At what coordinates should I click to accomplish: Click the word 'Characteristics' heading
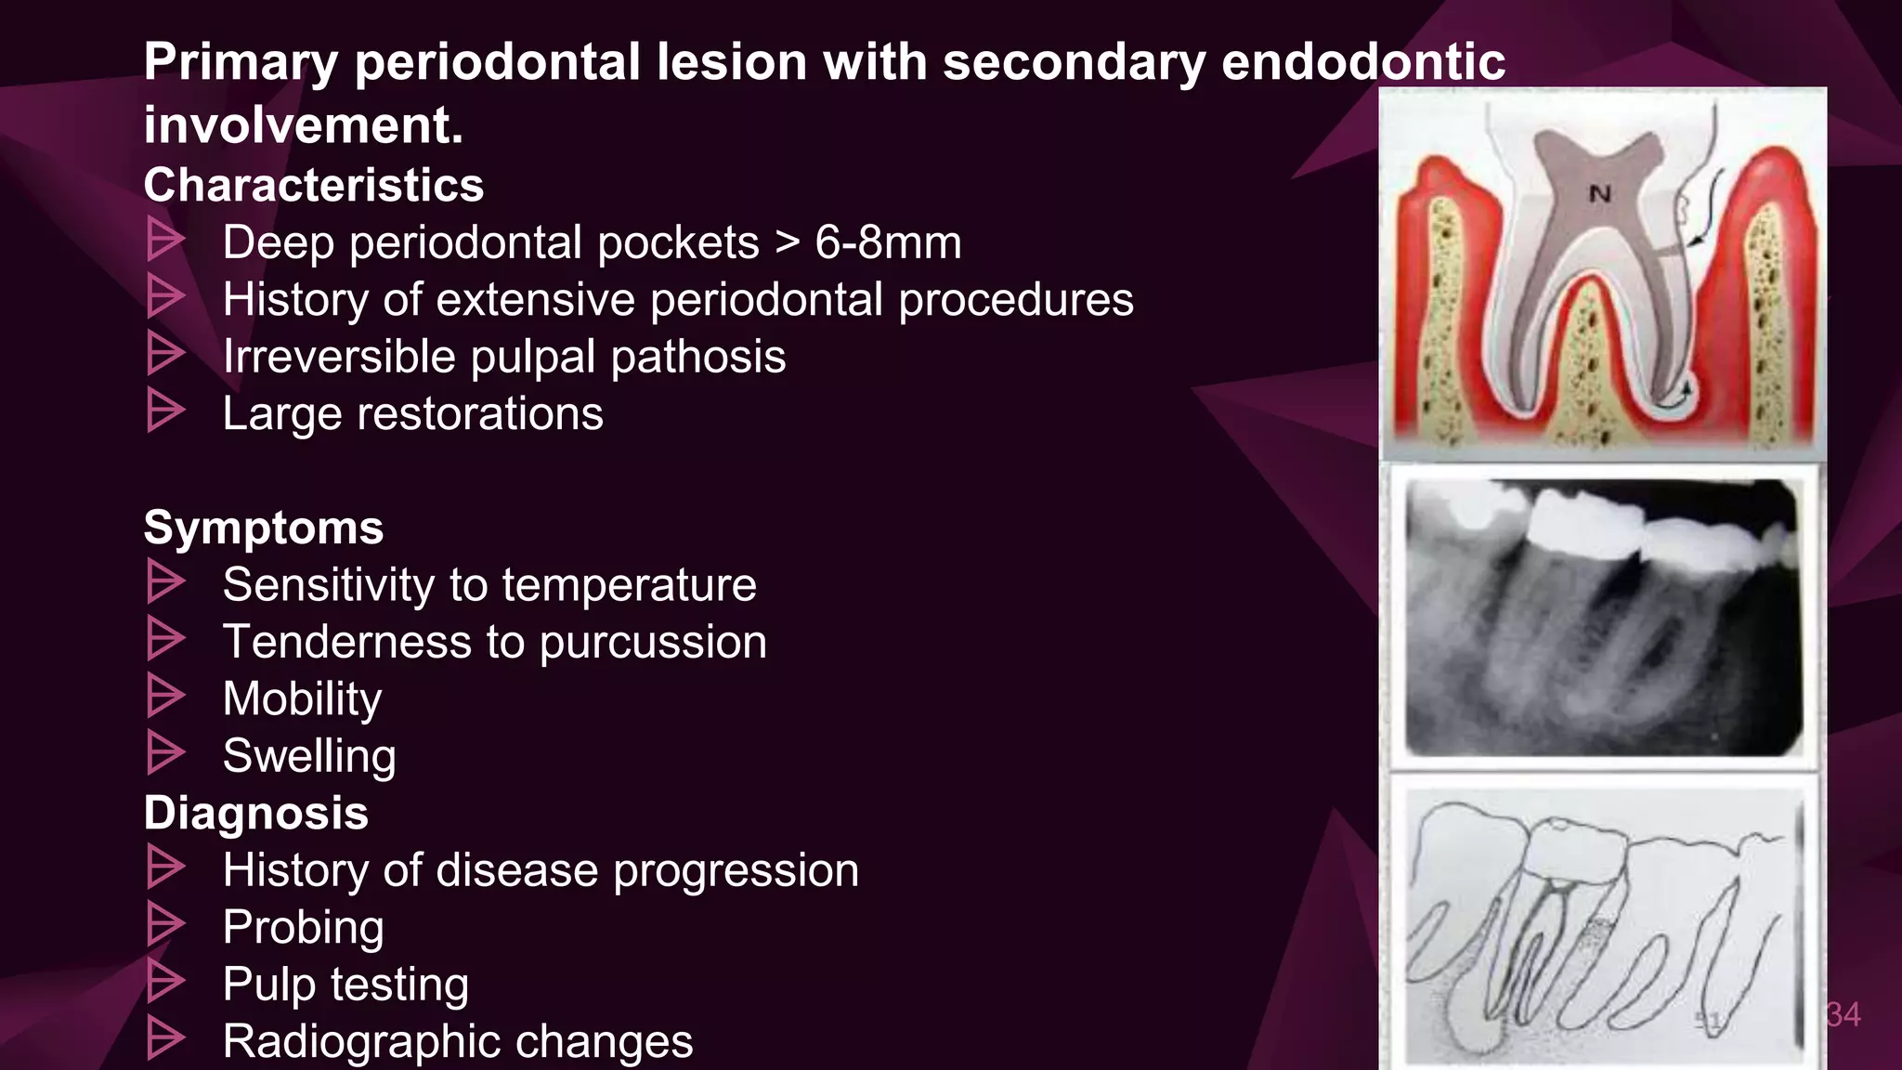313,185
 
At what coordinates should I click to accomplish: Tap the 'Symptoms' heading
263,528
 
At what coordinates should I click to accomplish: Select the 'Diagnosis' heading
255,813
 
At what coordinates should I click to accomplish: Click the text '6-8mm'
888,242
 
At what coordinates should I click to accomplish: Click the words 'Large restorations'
412,413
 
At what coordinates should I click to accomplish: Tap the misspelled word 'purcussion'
653,642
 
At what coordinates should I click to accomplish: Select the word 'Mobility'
302,698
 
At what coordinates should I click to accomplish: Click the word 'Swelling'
309,755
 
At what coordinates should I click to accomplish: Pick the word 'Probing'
303,927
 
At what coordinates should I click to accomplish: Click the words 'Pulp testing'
345,984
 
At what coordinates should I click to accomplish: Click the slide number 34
1843,1014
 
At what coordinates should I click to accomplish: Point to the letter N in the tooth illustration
1599,194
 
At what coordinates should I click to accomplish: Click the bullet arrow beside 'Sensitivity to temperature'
165,583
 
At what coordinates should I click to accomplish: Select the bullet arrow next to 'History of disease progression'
165,868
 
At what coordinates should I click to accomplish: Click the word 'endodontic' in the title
1362,62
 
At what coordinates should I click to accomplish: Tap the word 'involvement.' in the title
303,125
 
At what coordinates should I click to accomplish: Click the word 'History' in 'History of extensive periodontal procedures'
295,299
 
